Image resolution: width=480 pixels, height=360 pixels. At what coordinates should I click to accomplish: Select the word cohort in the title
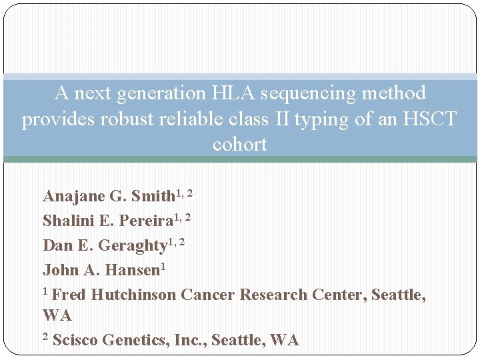240,144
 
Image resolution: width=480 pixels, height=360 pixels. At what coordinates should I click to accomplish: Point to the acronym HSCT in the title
430,119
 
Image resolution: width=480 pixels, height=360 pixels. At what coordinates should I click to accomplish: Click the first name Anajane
71,196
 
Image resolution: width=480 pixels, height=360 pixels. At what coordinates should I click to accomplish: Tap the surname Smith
153,196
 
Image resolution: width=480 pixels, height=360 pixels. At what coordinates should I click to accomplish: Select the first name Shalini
67,221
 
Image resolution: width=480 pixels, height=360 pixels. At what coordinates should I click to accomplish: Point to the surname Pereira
142,221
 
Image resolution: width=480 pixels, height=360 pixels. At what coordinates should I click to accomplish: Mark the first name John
58,270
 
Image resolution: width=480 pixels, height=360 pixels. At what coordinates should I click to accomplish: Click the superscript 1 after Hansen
163,267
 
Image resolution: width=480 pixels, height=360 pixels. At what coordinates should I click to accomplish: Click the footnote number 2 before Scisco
45,337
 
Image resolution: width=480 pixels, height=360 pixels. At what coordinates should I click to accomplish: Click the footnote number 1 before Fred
45,291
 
